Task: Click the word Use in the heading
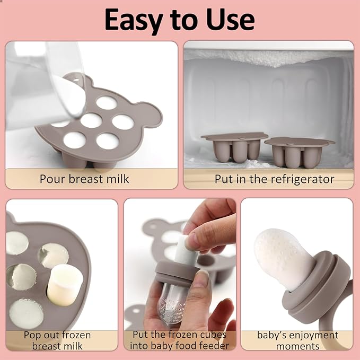point(230,20)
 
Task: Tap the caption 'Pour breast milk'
point(84,179)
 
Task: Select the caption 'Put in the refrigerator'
point(274,179)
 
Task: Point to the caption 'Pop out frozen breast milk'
point(57,340)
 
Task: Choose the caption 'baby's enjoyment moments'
point(297,340)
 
